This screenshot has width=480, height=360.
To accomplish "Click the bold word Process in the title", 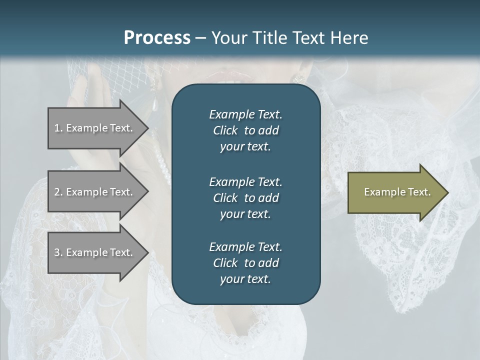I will (x=157, y=37).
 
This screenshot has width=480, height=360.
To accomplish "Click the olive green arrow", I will (x=390, y=192).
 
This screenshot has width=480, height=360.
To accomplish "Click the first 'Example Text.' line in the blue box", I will (x=245, y=114).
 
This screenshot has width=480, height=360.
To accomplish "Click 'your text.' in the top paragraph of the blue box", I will (x=245, y=146).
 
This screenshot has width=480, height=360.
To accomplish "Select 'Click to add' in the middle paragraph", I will (x=245, y=198).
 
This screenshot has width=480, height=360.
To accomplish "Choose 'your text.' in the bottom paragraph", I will (x=245, y=279).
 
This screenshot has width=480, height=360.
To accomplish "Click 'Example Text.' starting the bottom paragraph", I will (x=245, y=247).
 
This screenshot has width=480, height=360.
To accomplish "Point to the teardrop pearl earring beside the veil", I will (x=155, y=105).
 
